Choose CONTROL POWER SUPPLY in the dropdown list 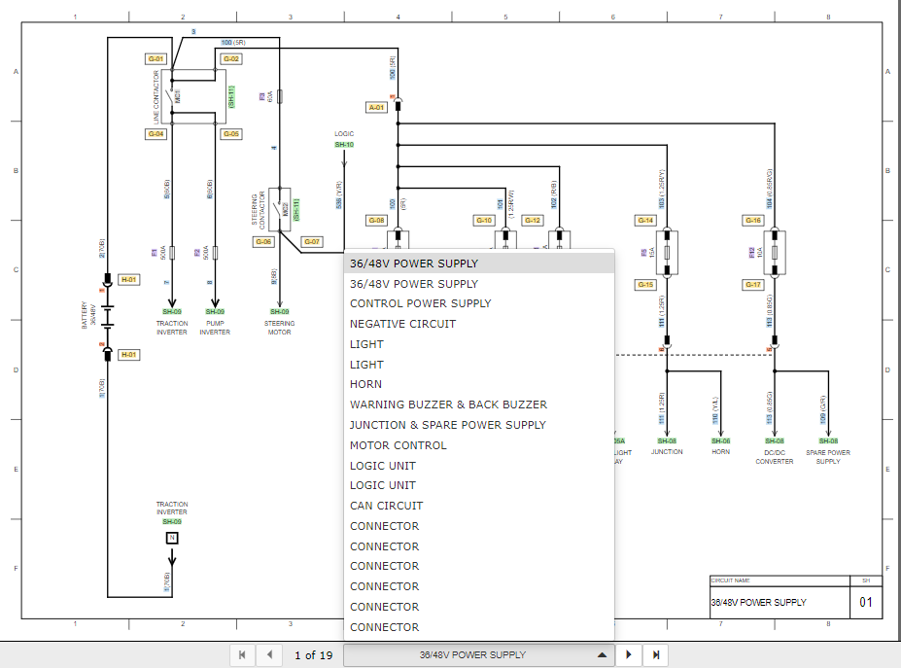(x=420, y=303)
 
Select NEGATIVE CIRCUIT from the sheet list (x=402, y=324)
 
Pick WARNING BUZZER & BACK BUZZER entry (x=448, y=404)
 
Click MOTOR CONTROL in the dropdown (x=399, y=445)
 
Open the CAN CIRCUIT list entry (x=387, y=506)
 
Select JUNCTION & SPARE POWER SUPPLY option (x=447, y=425)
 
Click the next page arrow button (x=629, y=655)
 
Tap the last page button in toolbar (x=656, y=655)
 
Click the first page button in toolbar (x=241, y=655)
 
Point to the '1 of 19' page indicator (x=313, y=655)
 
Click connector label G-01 (x=156, y=59)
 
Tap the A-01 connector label (x=377, y=107)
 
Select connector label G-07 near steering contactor (x=311, y=241)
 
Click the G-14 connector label (x=645, y=221)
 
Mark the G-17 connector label (x=753, y=285)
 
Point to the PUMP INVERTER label (x=215, y=328)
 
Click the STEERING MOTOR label (x=279, y=328)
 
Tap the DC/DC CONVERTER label (x=775, y=457)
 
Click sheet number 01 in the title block (x=866, y=603)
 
